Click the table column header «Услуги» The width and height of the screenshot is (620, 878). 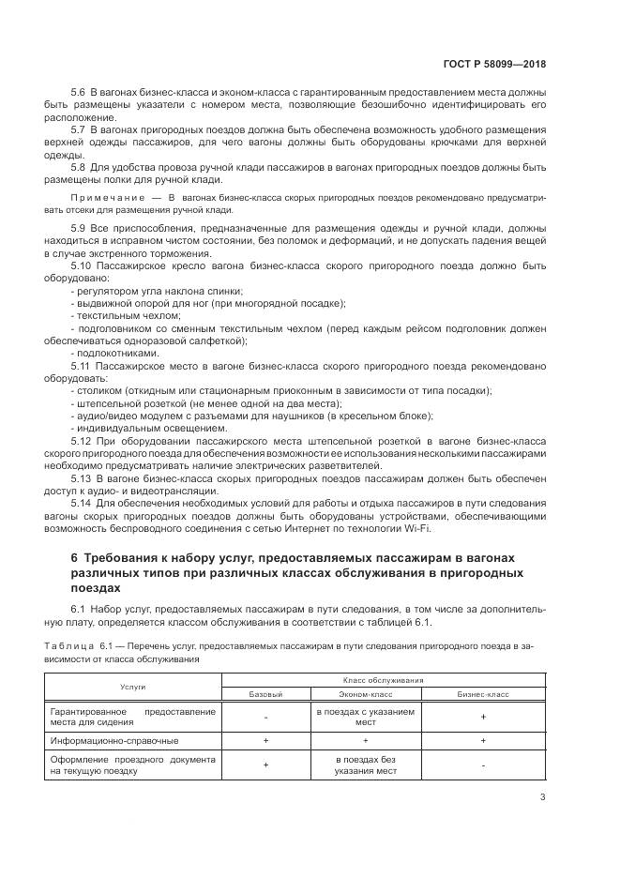click(x=133, y=687)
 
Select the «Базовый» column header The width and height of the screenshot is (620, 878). click(x=265, y=694)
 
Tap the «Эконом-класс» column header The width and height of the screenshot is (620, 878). click(x=365, y=694)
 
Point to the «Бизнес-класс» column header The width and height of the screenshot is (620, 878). click(x=482, y=694)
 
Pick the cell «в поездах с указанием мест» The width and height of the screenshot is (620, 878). click(x=365, y=717)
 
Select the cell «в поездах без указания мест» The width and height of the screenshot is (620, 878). click(x=365, y=764)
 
